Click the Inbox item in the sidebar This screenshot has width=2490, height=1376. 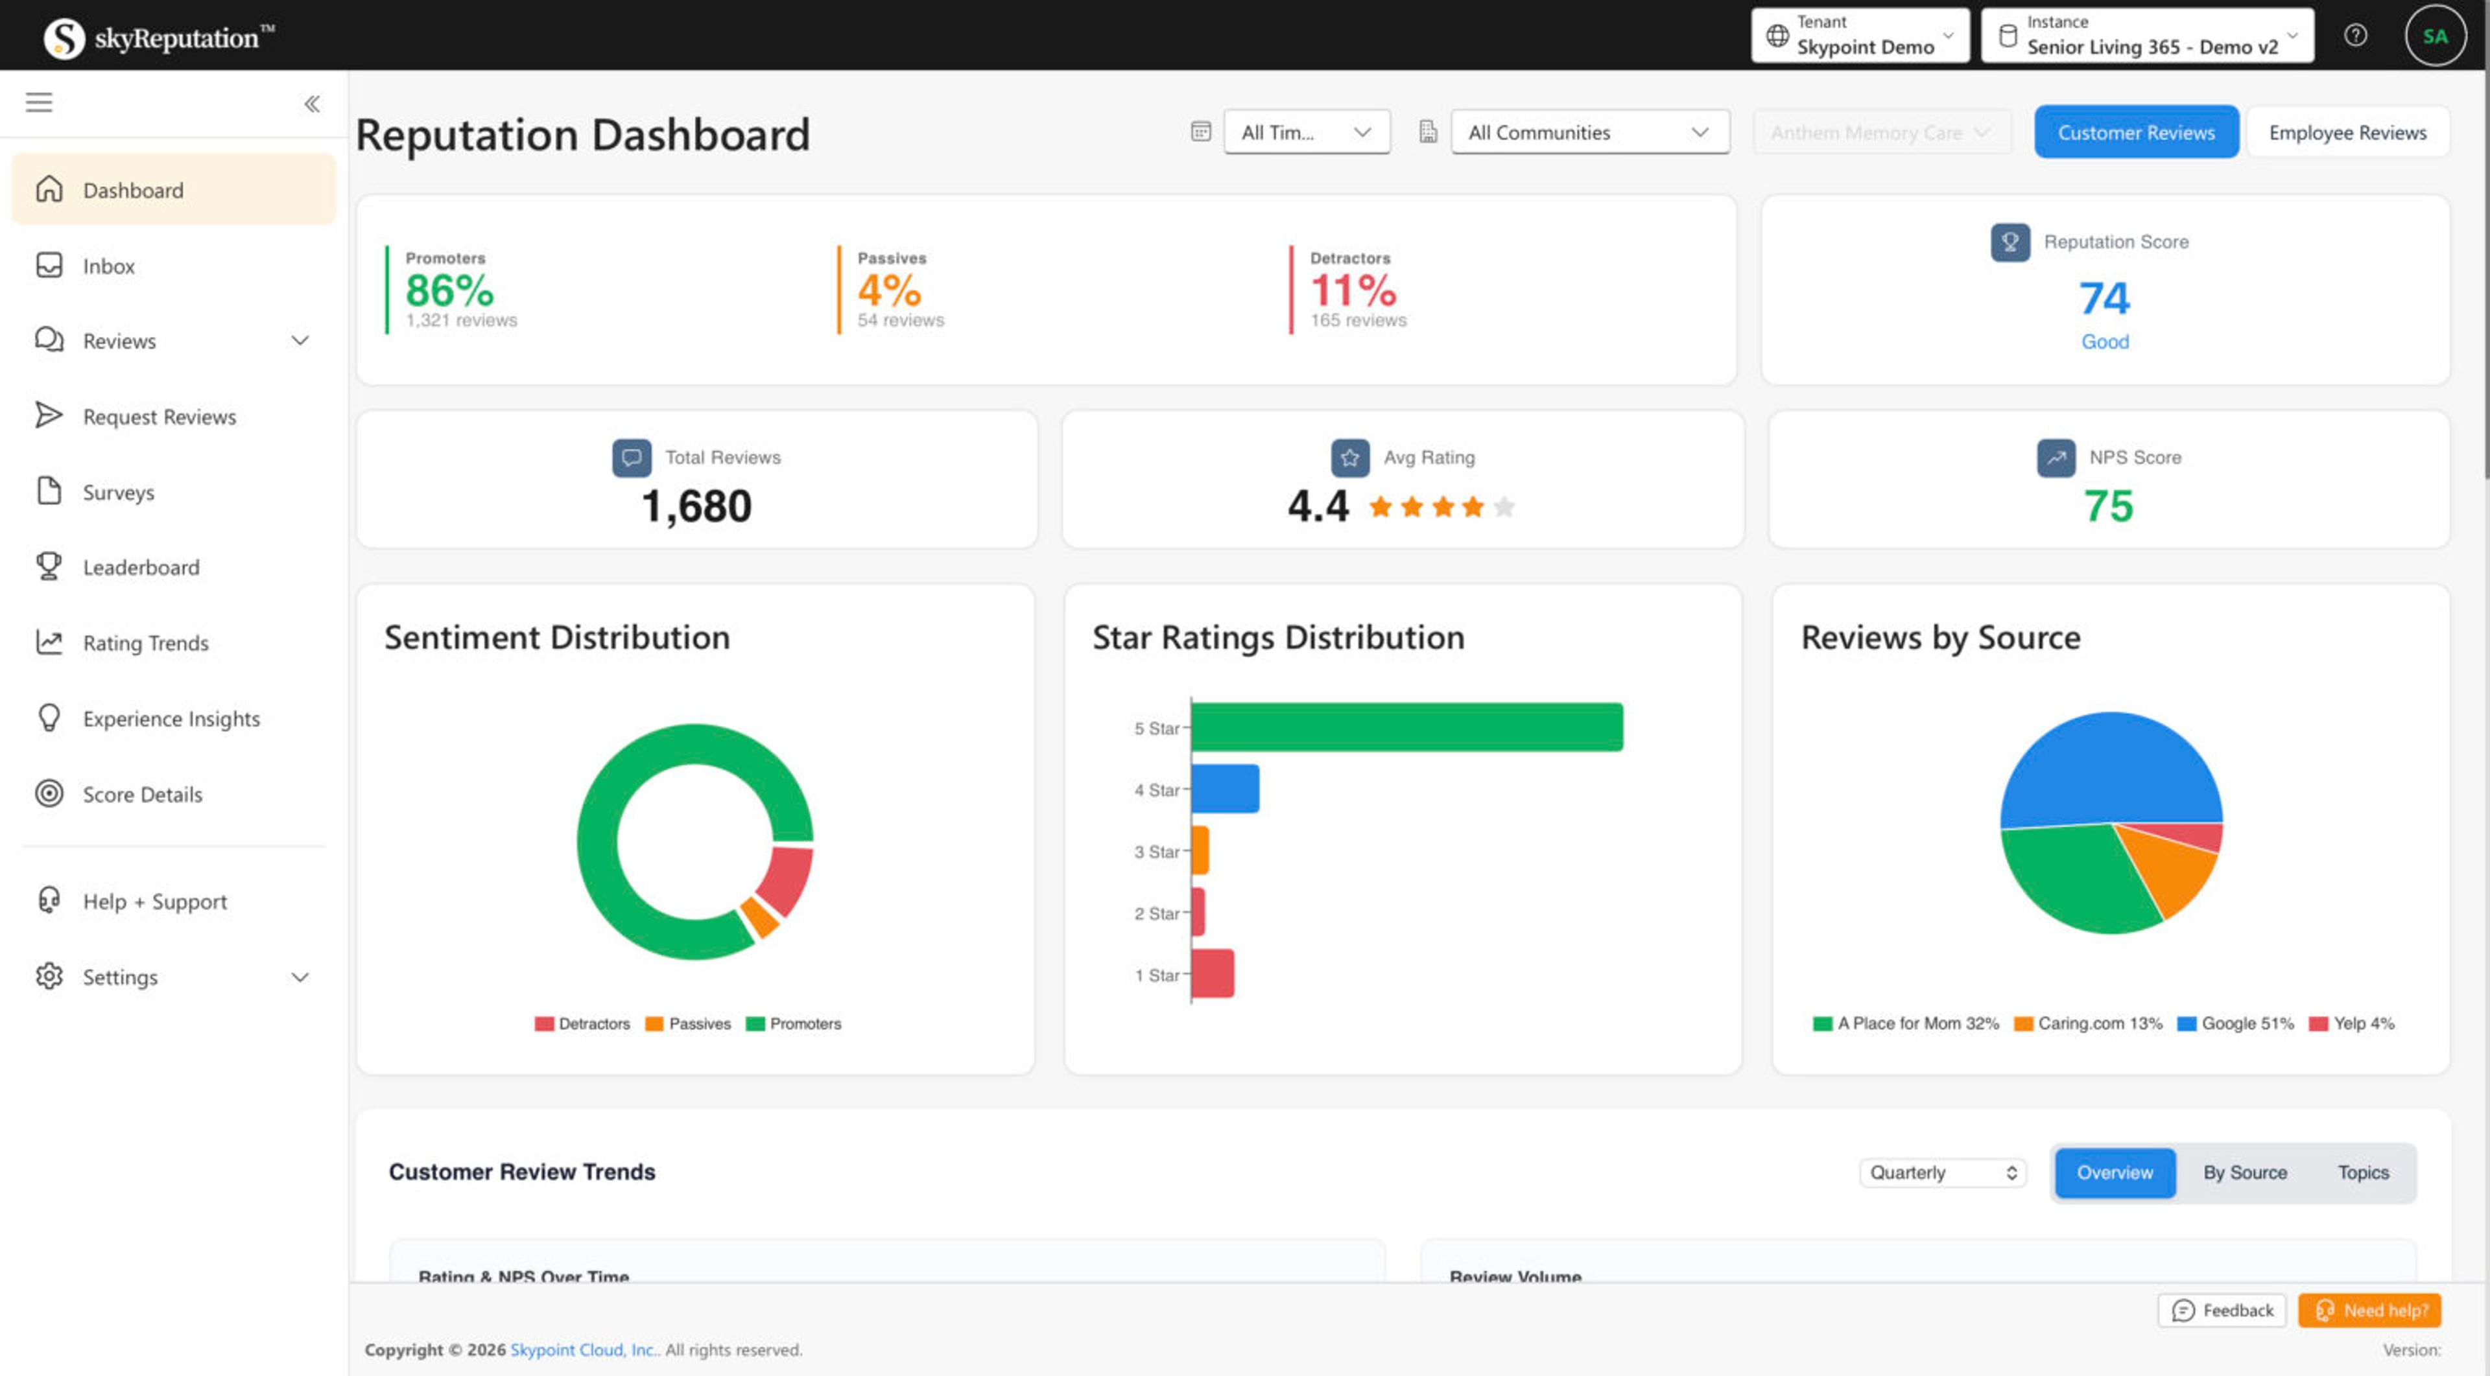(x=108, y=266)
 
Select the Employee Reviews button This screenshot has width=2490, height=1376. (x=2347, y=132)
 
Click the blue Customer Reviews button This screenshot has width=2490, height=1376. (x=2135, y=132)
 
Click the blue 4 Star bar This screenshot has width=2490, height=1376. (x=1225, y=789)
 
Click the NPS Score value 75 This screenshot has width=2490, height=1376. (x=2107, y=506)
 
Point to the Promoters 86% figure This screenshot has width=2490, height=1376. (x=449, y=290)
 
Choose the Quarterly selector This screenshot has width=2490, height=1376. (x=1942, y=1172)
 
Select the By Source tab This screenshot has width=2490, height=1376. (x=2244, y=1172)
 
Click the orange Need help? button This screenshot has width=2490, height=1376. (x=2369, y=1311)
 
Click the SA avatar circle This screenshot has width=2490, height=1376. (x=2434, y=36)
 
